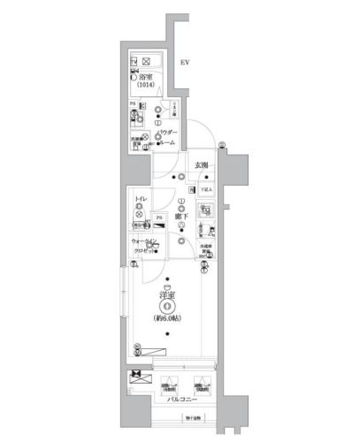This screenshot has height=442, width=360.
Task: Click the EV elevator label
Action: pyautogui.click(x=184, y=63)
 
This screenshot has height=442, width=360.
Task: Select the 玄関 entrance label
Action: pyautogui.click(x=202, y=164)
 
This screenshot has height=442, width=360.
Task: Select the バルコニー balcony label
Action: pyautogui.click(x=181, y=402)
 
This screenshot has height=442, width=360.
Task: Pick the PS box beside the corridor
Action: pyautogui.click(x=159, y=217)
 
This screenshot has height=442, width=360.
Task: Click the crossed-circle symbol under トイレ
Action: pyautogui.click(x=140, y=213)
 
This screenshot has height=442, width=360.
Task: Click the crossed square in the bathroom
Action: pyautogui.click(x=148, y=62)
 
